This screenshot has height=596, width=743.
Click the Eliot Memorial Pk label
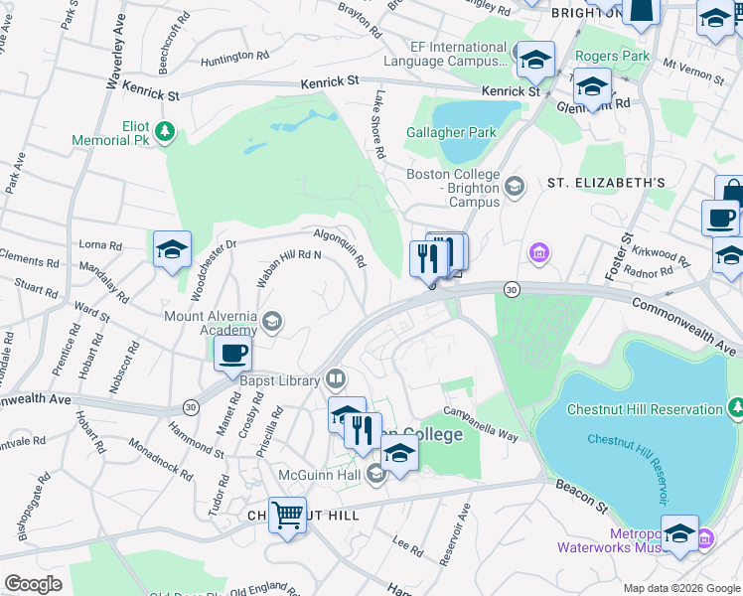108,133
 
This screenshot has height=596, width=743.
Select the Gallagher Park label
450,132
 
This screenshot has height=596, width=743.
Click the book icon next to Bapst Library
336,379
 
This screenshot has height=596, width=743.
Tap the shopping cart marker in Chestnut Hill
287,516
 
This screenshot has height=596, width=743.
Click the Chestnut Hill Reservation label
644,409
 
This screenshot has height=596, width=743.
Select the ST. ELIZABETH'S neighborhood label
606,183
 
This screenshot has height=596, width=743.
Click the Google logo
33,583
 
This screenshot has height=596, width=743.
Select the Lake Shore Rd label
378,125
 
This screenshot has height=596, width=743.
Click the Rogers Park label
613,56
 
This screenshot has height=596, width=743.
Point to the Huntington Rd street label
233,59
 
